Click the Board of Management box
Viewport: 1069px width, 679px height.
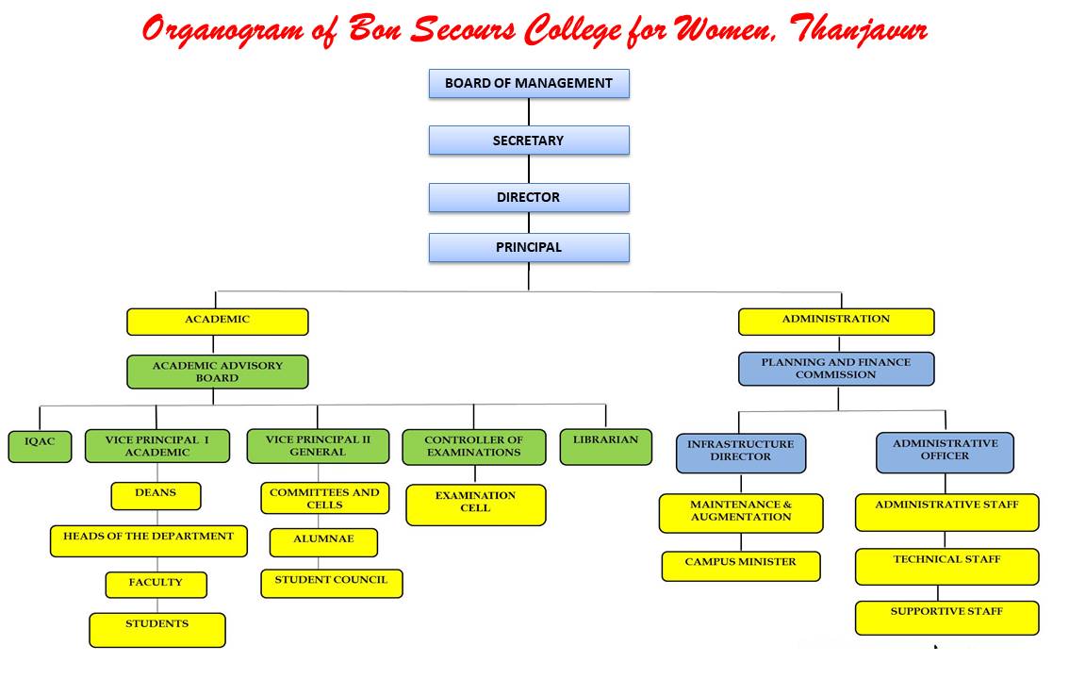click(529, 83)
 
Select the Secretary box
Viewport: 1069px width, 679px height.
click(529, 141)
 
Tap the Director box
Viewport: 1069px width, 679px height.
click(529, 198)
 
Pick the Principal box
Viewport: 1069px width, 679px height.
click(529, 247)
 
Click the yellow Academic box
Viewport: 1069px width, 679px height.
click(218, 322)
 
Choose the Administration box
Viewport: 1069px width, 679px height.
click(836, 322)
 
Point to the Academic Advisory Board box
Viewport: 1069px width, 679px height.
click(218, 373)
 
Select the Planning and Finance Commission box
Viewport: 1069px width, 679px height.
click(836, 369)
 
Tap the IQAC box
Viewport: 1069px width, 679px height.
click(40, 446)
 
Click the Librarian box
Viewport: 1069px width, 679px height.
click(606, 447)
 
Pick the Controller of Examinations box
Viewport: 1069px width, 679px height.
click(474, 447)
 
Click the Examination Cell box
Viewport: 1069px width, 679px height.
click(476, 505)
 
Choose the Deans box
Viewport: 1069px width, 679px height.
click(156, 496)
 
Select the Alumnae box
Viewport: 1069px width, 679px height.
click(324, 542)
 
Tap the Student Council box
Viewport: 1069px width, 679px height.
click(332, 584)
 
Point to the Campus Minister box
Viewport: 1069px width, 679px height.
click(741, 567)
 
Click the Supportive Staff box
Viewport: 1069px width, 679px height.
click(947, 619)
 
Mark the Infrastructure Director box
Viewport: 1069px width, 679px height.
click(741, 454)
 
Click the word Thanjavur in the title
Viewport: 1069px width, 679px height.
click(859, 31)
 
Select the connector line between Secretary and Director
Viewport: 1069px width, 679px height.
click(529, 169)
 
